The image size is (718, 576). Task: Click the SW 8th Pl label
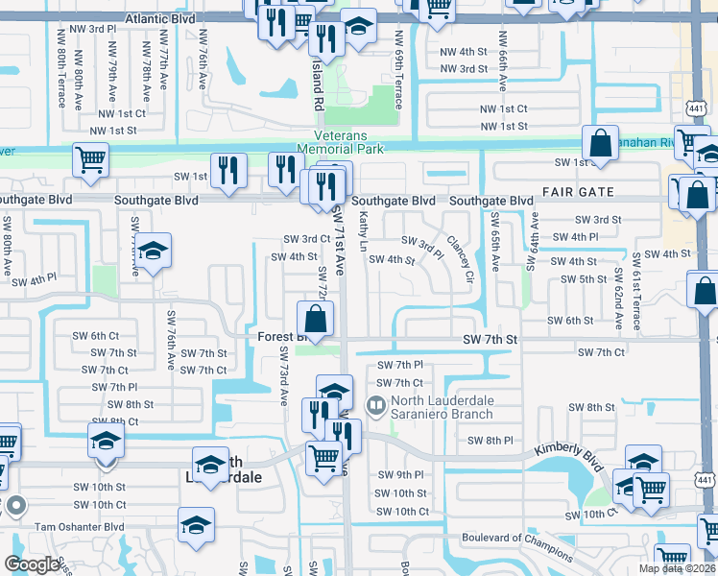click(491, 440)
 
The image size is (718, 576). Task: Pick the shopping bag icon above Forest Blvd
click(315, 317)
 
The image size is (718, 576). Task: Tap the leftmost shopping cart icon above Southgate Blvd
click(90, 160)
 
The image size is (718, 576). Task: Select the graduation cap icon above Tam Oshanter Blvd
click(196, 524)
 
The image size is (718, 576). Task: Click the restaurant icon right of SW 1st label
click(228, 170)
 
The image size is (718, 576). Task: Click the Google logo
click(32, 564)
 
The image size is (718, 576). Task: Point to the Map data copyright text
click(677, 568)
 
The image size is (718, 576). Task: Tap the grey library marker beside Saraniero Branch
click(376, 407)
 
